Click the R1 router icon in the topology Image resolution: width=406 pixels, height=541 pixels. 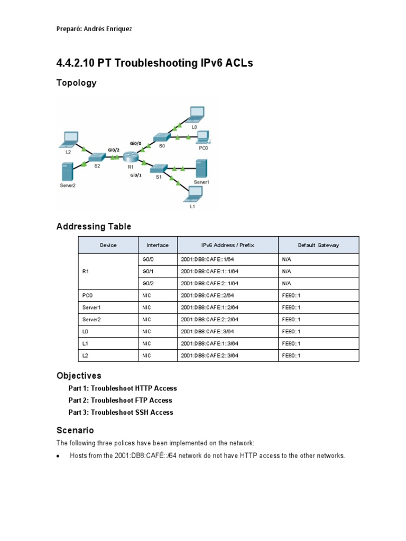pos(131,157)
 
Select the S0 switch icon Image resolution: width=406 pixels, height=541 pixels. pos(160,137)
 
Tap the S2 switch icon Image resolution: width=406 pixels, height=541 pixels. pos(97,157)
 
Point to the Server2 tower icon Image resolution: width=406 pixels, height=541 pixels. pos(67,172)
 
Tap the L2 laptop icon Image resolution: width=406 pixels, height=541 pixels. pos(69,139)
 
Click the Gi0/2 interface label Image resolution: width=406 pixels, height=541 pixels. pos(114,150)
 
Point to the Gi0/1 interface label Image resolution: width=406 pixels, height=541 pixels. pos(136,176)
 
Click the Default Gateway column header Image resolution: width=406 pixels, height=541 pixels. pos(318,245)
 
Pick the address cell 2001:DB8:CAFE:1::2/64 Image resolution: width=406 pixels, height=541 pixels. pos(210,307)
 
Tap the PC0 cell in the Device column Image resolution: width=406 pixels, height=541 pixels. pos(88,295)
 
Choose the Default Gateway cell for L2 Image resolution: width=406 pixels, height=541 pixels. pos(291,356)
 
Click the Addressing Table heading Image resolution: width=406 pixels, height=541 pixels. pos(94,227)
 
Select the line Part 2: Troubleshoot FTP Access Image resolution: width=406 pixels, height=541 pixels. pos(120,400)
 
